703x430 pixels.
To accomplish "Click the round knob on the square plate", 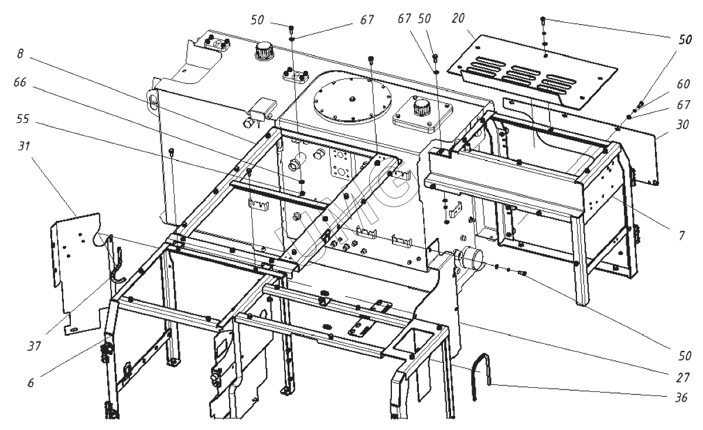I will (420, 108).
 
